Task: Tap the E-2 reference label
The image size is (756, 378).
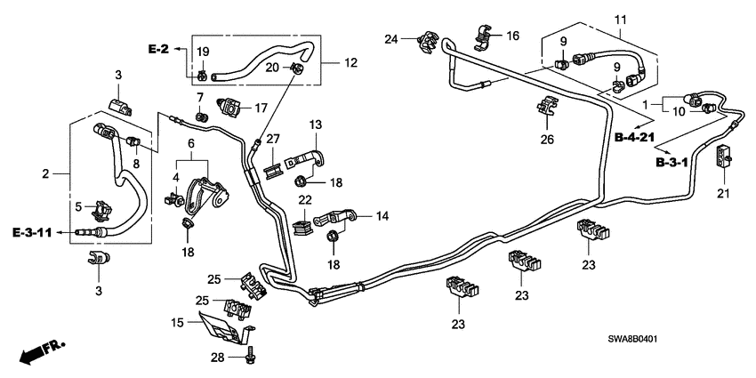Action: (x=158, y=49)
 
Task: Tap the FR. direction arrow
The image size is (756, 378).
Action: (x=36, y=352)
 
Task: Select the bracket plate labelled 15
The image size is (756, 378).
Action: (x=221, y=325)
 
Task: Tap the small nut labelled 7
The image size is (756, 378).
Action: (x=200, y=116)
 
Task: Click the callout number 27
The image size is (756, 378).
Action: (x=272, y=139)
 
